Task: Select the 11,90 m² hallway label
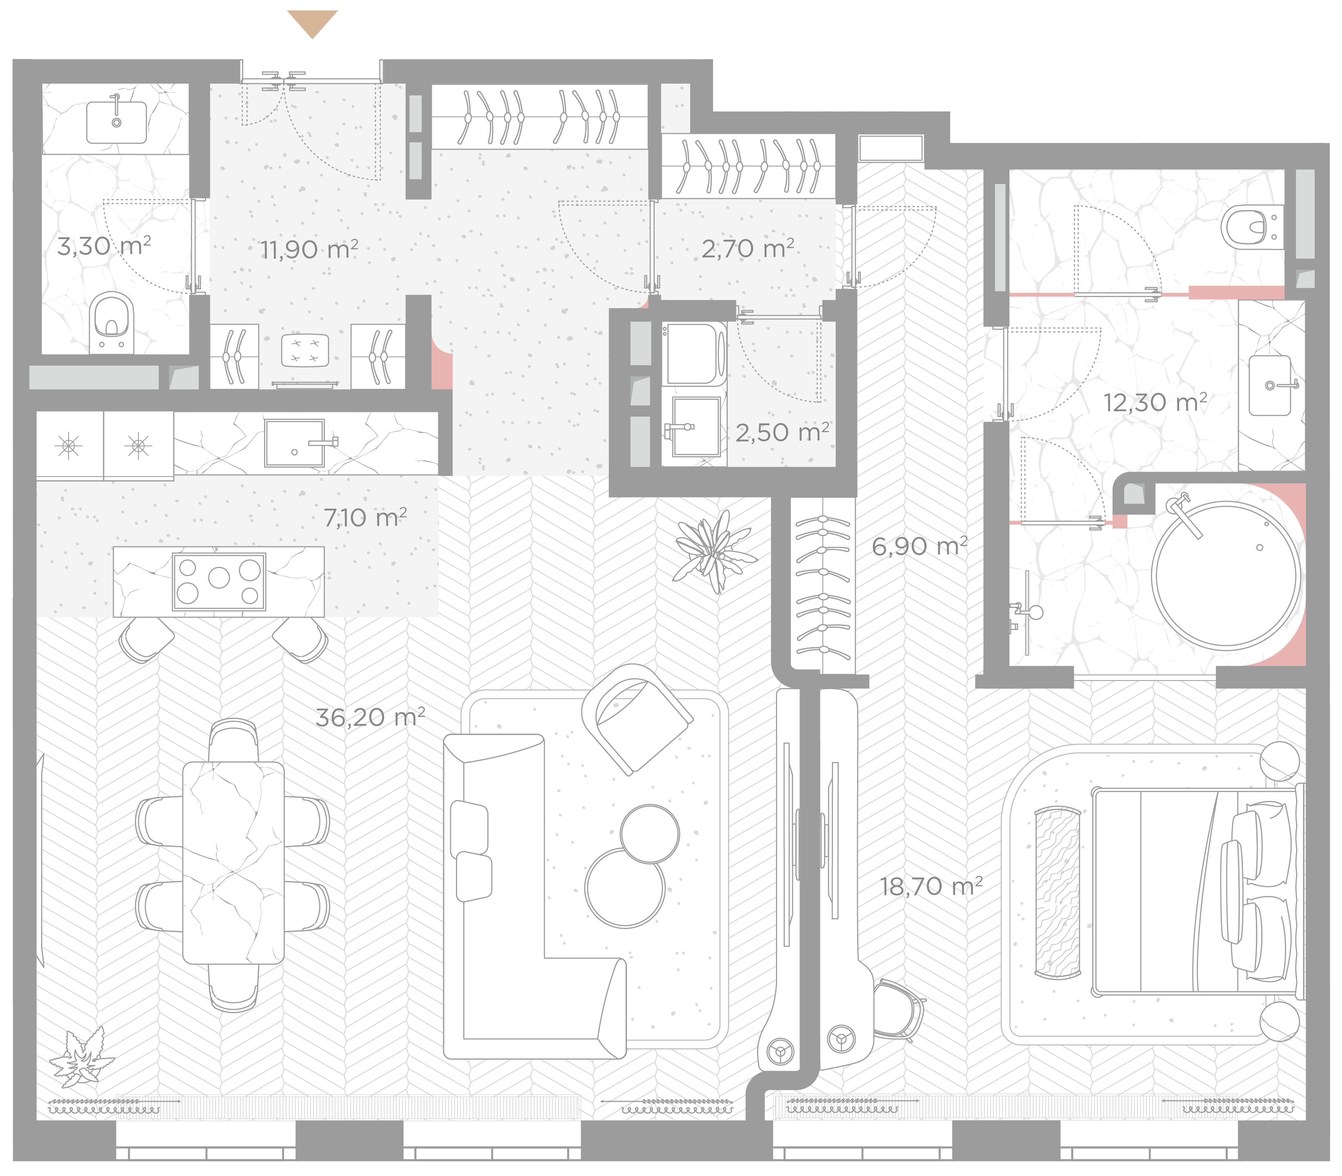pyautogui.click(x=309, y=249)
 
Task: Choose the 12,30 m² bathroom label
pyautogui.click(x=1155, y=402)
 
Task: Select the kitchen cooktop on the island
pyautogui.click(x=219, y=581)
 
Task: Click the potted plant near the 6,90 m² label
pyautogui.click(x=713, y=550)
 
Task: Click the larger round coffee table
pyautogui.click(x=625, y=887)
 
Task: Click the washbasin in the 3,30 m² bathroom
pyautogui.click(x=116, y=122)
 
